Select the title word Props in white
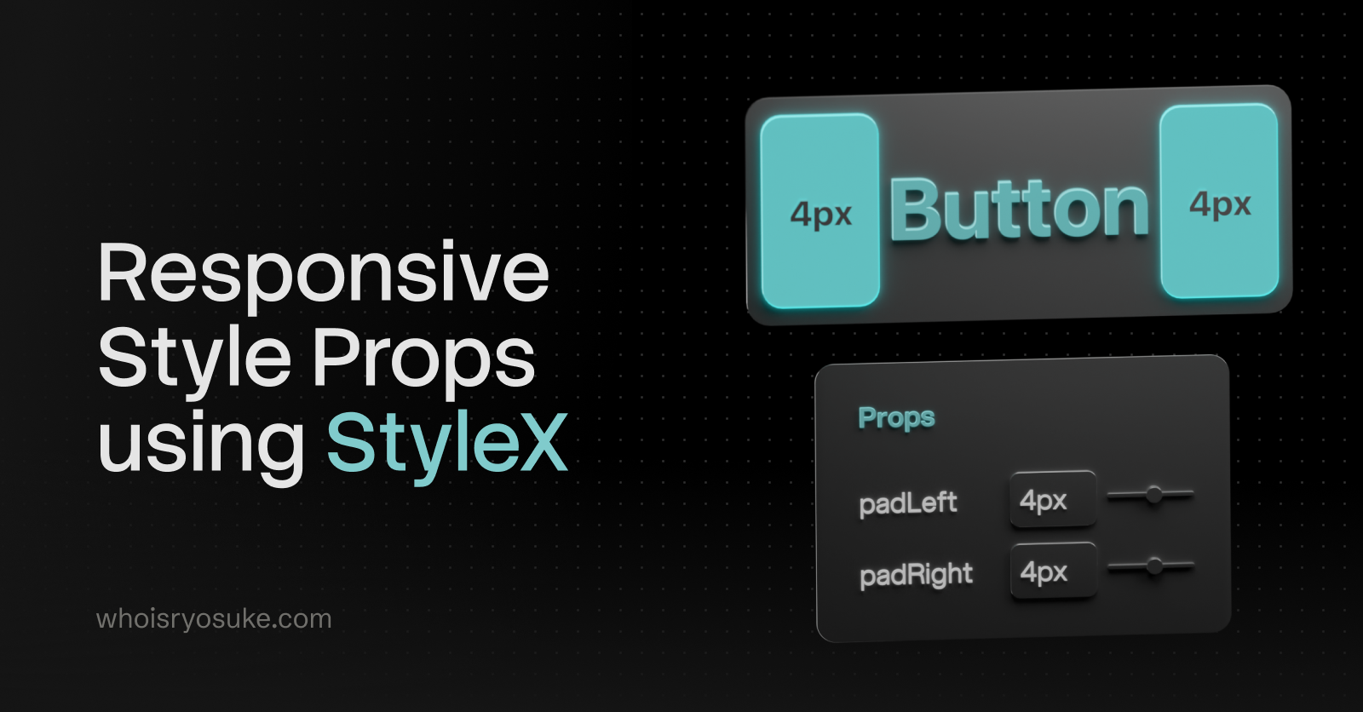pos(424,360)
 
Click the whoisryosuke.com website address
pos(214,619)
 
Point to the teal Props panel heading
pos(896,418)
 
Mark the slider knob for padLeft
pos(1153,494)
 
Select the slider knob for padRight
pos(1154,566)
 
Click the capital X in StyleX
pos(540,442)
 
